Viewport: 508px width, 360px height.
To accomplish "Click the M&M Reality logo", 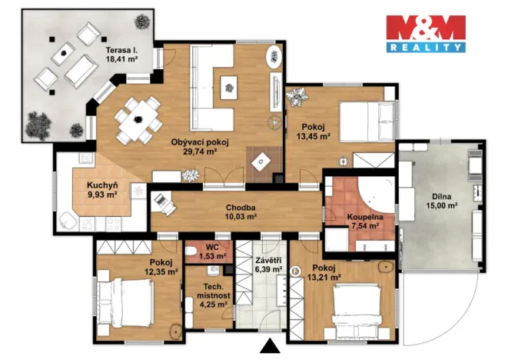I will coord(425,33).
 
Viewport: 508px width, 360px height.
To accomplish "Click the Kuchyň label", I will coord(101,185).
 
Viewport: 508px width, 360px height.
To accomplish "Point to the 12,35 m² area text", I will coord(161,272).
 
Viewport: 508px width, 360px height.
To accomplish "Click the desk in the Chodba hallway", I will coord(163,202).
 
